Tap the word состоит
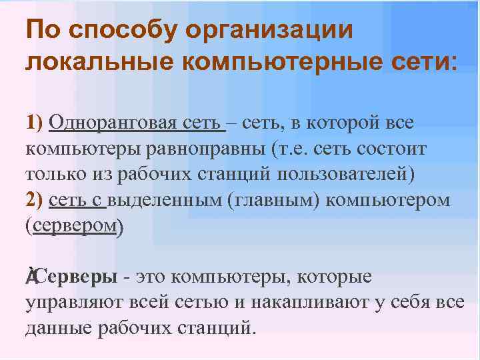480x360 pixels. click(393, 149)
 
